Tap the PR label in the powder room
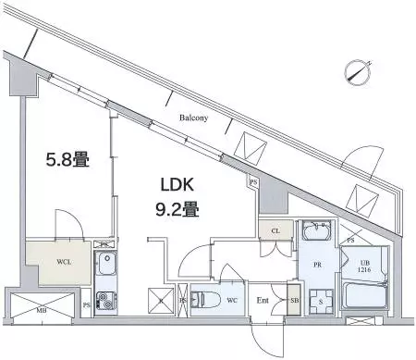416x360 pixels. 317,264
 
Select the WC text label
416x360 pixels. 232,300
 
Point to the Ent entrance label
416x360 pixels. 263,301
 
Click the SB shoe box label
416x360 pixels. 294,301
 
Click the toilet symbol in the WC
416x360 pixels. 206,299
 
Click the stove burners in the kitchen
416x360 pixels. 107,301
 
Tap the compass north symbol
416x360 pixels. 356,70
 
